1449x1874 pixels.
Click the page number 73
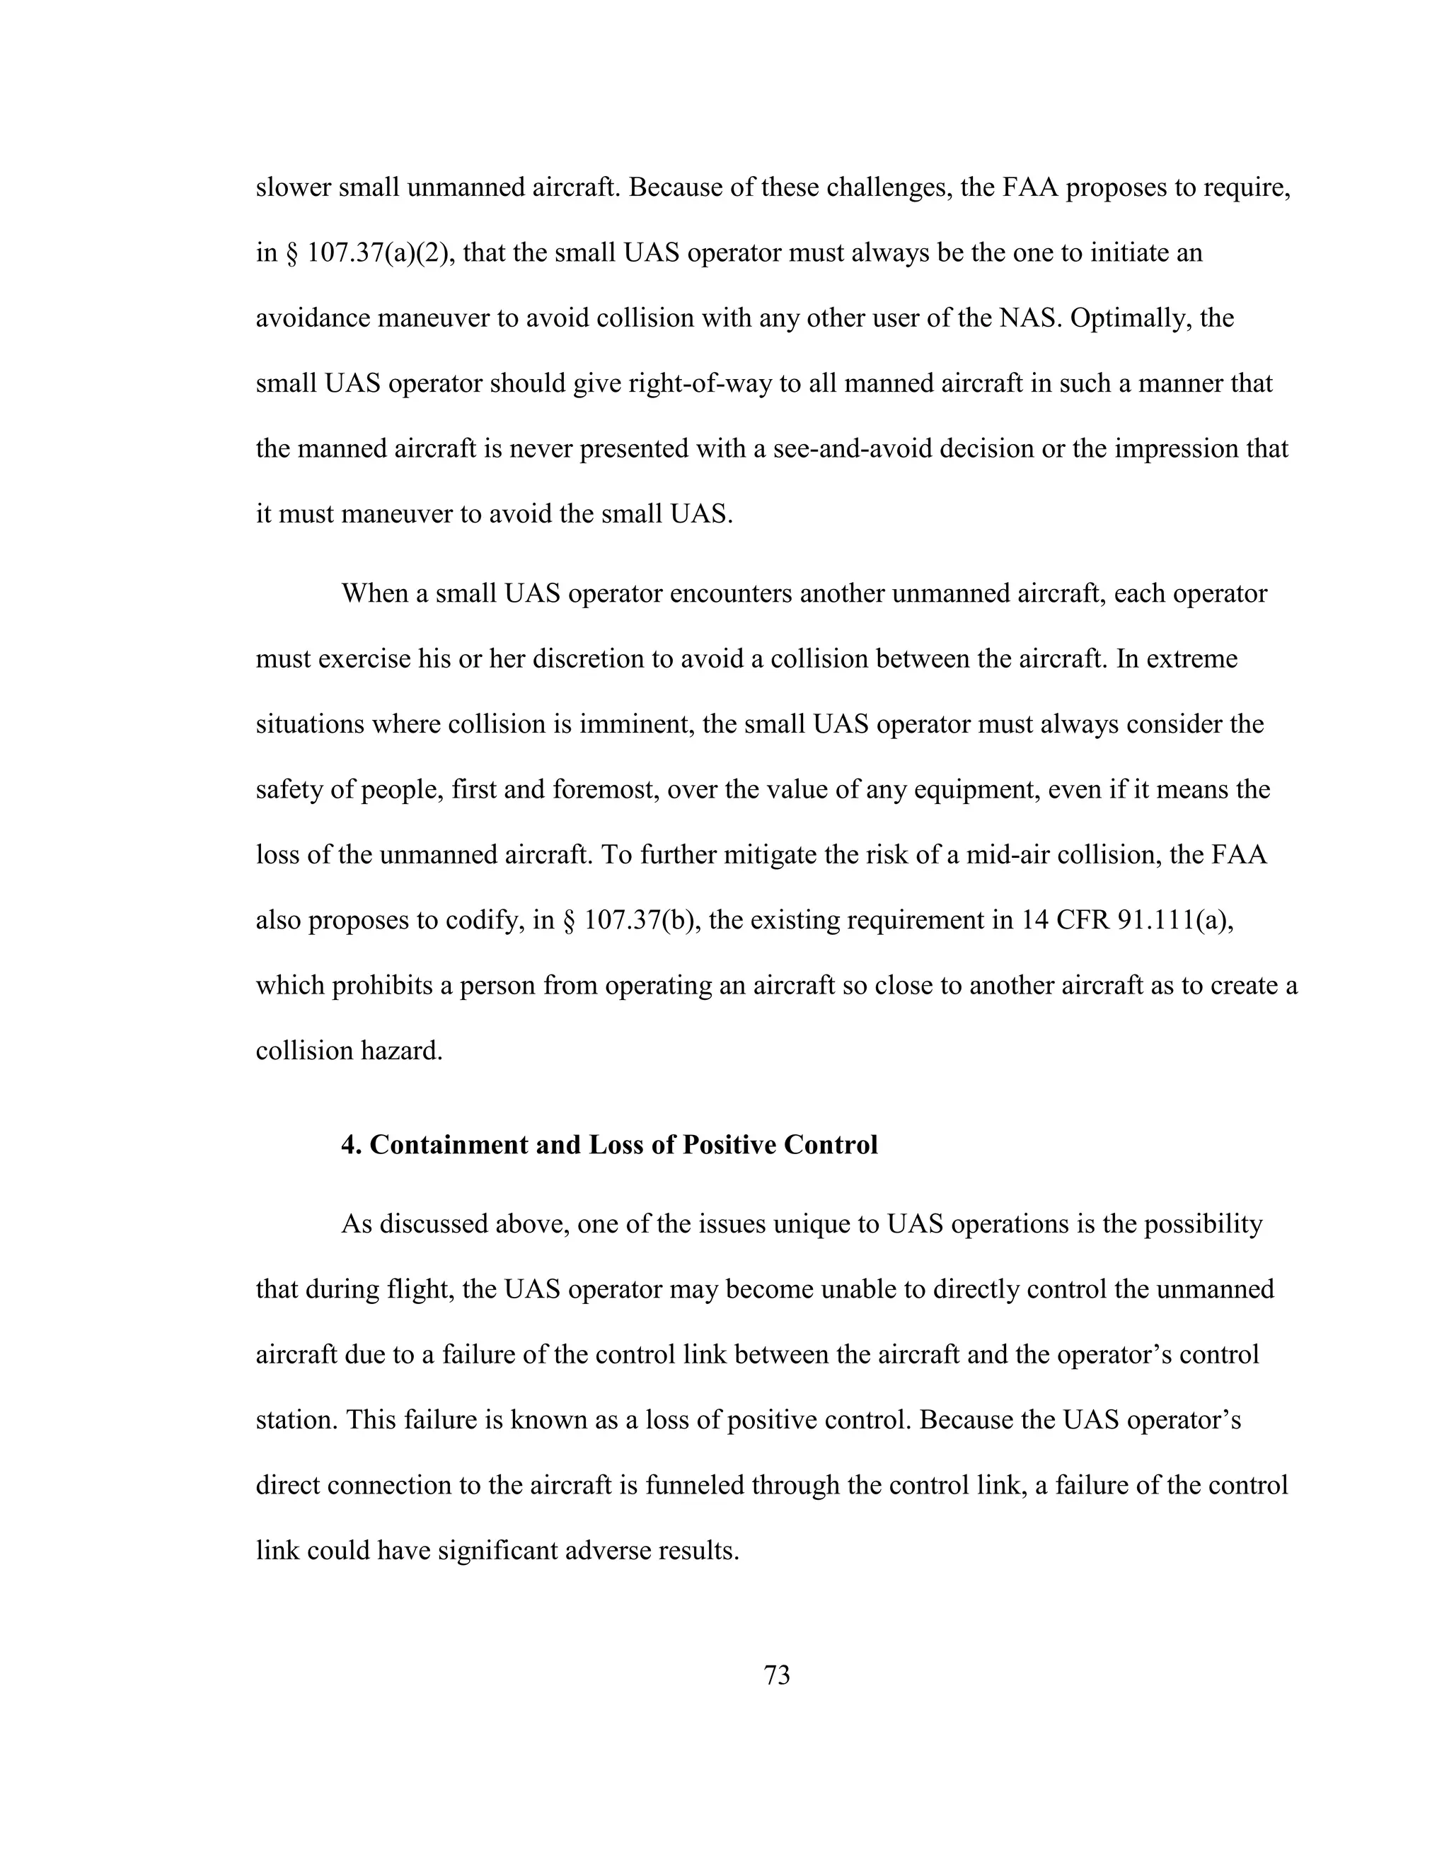pyautogui.click(x=776, y=1674)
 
